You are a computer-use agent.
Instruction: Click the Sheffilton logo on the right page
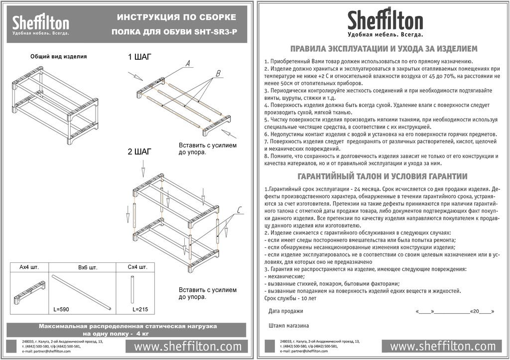pos(385,22)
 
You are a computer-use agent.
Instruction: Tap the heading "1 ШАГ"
pos(139,57)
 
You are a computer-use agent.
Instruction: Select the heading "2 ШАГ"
pos(139,151)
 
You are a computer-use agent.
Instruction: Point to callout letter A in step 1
pos(188,64)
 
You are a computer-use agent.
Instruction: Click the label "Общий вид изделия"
pos(58,57)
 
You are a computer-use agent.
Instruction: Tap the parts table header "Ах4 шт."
pos(29,267)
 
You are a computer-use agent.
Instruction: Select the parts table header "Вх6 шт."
pos(87,268)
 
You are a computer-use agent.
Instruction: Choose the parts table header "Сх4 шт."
pos(137,267)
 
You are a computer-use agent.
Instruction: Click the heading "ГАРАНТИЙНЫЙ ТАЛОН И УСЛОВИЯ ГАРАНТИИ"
pos(382,176)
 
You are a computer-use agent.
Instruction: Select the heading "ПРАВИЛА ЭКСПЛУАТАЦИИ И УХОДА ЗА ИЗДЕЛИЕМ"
pos(383,49)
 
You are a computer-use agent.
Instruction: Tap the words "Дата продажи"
pos(285,311)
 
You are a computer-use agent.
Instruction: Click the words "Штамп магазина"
pos(288,326)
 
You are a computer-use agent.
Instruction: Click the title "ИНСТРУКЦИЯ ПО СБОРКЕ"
pos(177,17)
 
